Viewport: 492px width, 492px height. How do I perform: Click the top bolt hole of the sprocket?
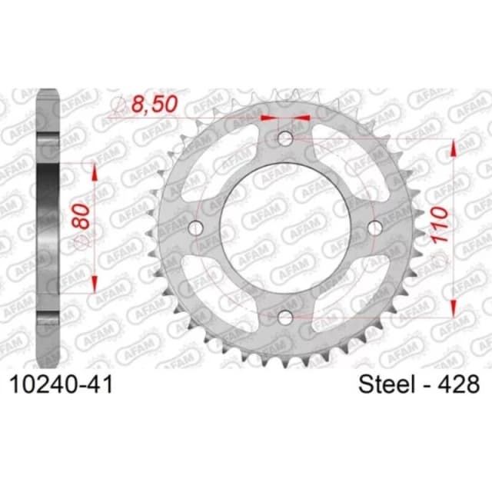click(286, 138)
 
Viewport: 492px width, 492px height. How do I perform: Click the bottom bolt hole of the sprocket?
click(286, 317)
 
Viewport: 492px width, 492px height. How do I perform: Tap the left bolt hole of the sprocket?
click(196, 228)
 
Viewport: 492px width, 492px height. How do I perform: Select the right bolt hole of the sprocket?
click(375, 228)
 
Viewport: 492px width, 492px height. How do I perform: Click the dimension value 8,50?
click(152, 103)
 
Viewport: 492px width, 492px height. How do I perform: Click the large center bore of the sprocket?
click(286, 228)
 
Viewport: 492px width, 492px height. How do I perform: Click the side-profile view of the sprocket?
click(48, 227)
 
